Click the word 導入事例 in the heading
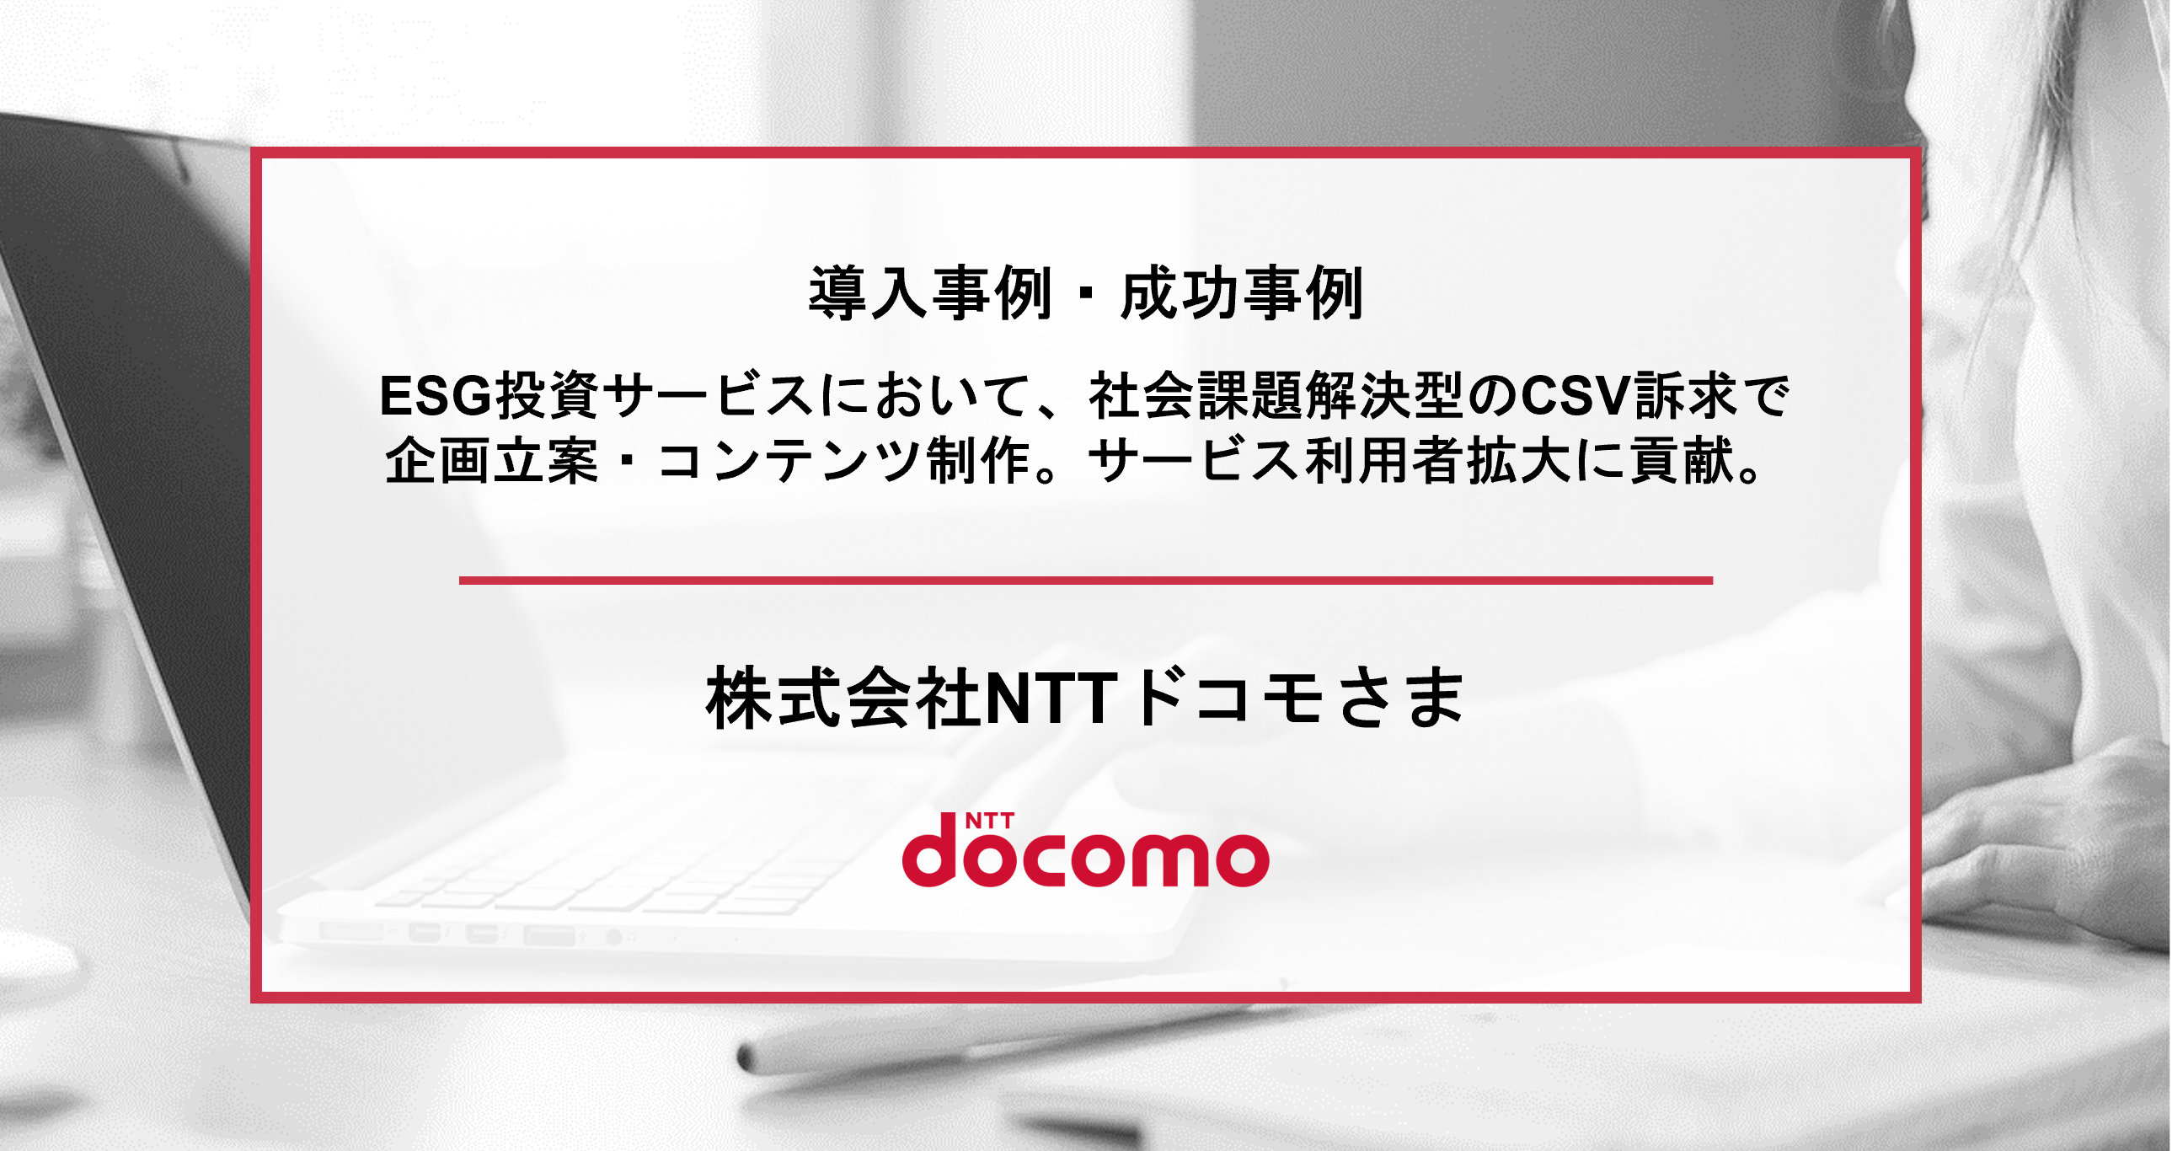(930, 293)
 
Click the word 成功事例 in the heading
(1241, 293)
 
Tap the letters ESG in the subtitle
(436, 395)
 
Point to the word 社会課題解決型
(1276, 395)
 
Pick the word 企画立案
(491, 461)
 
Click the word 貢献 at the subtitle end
(1682, 461)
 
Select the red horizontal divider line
(1086, 581)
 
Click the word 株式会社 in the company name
(844, 698)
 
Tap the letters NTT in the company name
(1051, 699)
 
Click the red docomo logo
(1086, 850)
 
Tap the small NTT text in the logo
(989, 822)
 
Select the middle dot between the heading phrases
(1086, 294)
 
